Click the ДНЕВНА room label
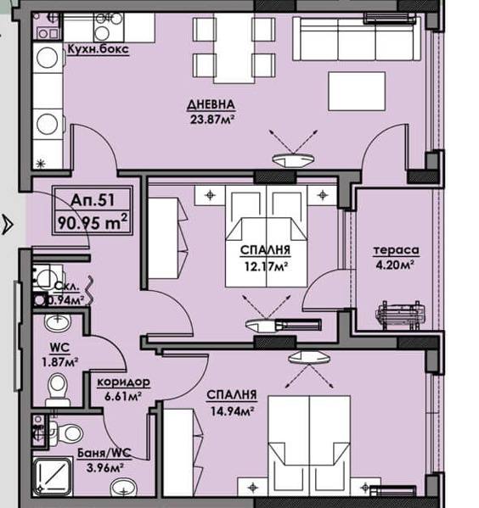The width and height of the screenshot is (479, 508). pyautogui.click(x=211, y=104)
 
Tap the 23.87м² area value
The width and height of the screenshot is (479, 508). pyautogui.click(x=212, y=120)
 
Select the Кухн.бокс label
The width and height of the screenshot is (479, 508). pyautogui.click(x=98, y=49)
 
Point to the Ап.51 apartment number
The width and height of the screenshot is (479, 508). pyautogui.click(x=93, y=200)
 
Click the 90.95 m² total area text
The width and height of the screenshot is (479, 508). pyautogui.click(x=93, y=222)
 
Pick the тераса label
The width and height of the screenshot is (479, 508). pyautogui.click(x=396, y=250)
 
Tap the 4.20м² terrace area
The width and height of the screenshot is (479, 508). pyautogui.click(x=395, y=265)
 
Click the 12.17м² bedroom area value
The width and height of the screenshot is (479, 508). pyautogui.click(x=266, y=266)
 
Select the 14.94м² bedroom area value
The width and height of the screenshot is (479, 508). pyautogui.click(x=232, y=410)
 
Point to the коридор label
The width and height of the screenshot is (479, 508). pyautogui.click(x=124, y=382)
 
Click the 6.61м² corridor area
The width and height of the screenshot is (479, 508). pyautogui.click(x=122, y=395)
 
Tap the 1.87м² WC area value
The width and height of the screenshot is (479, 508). pyautogui.click(x=59, y=361)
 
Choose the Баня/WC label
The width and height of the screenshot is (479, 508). pyautogui.click(x=104, y=453)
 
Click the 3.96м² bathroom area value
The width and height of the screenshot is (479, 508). pyautogui.click(x=104, y=467)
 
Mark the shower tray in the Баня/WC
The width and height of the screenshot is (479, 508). pyautogui.click(x=53, y=477)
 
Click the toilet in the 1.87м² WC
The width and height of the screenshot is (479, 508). pyautogui.click(x=58, y=388)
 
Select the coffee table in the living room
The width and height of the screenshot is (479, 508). pyautogui.click(x=357, y=92)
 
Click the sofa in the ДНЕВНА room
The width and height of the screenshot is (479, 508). pyautogui.click(x=357, y=38)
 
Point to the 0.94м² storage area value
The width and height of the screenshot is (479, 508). pyautogui.click(x=66, y=300)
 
